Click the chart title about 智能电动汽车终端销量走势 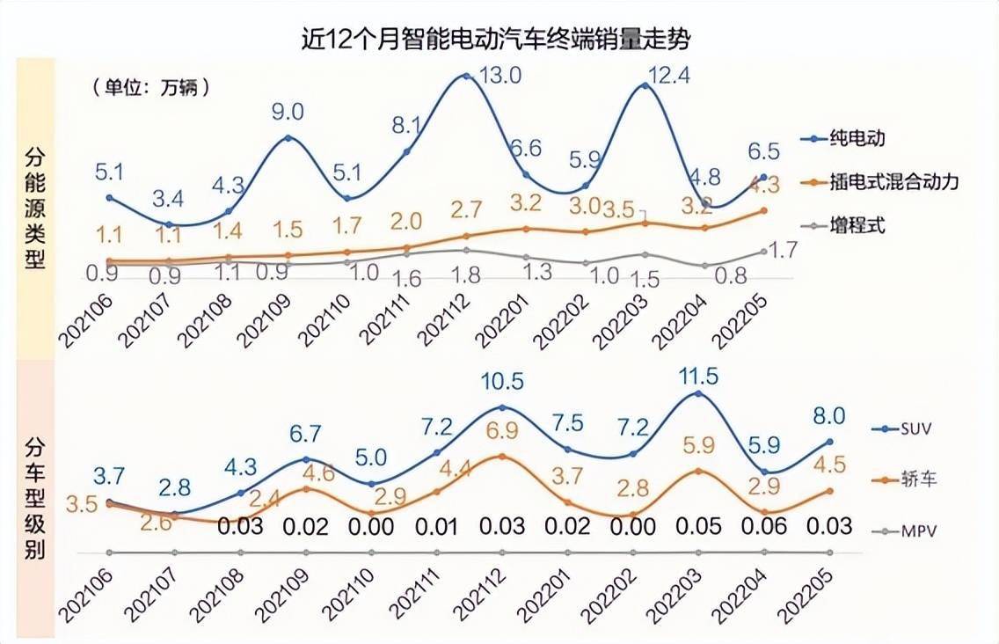coord(499,40)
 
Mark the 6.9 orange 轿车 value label coord(502,432)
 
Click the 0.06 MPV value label coord(762,526)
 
